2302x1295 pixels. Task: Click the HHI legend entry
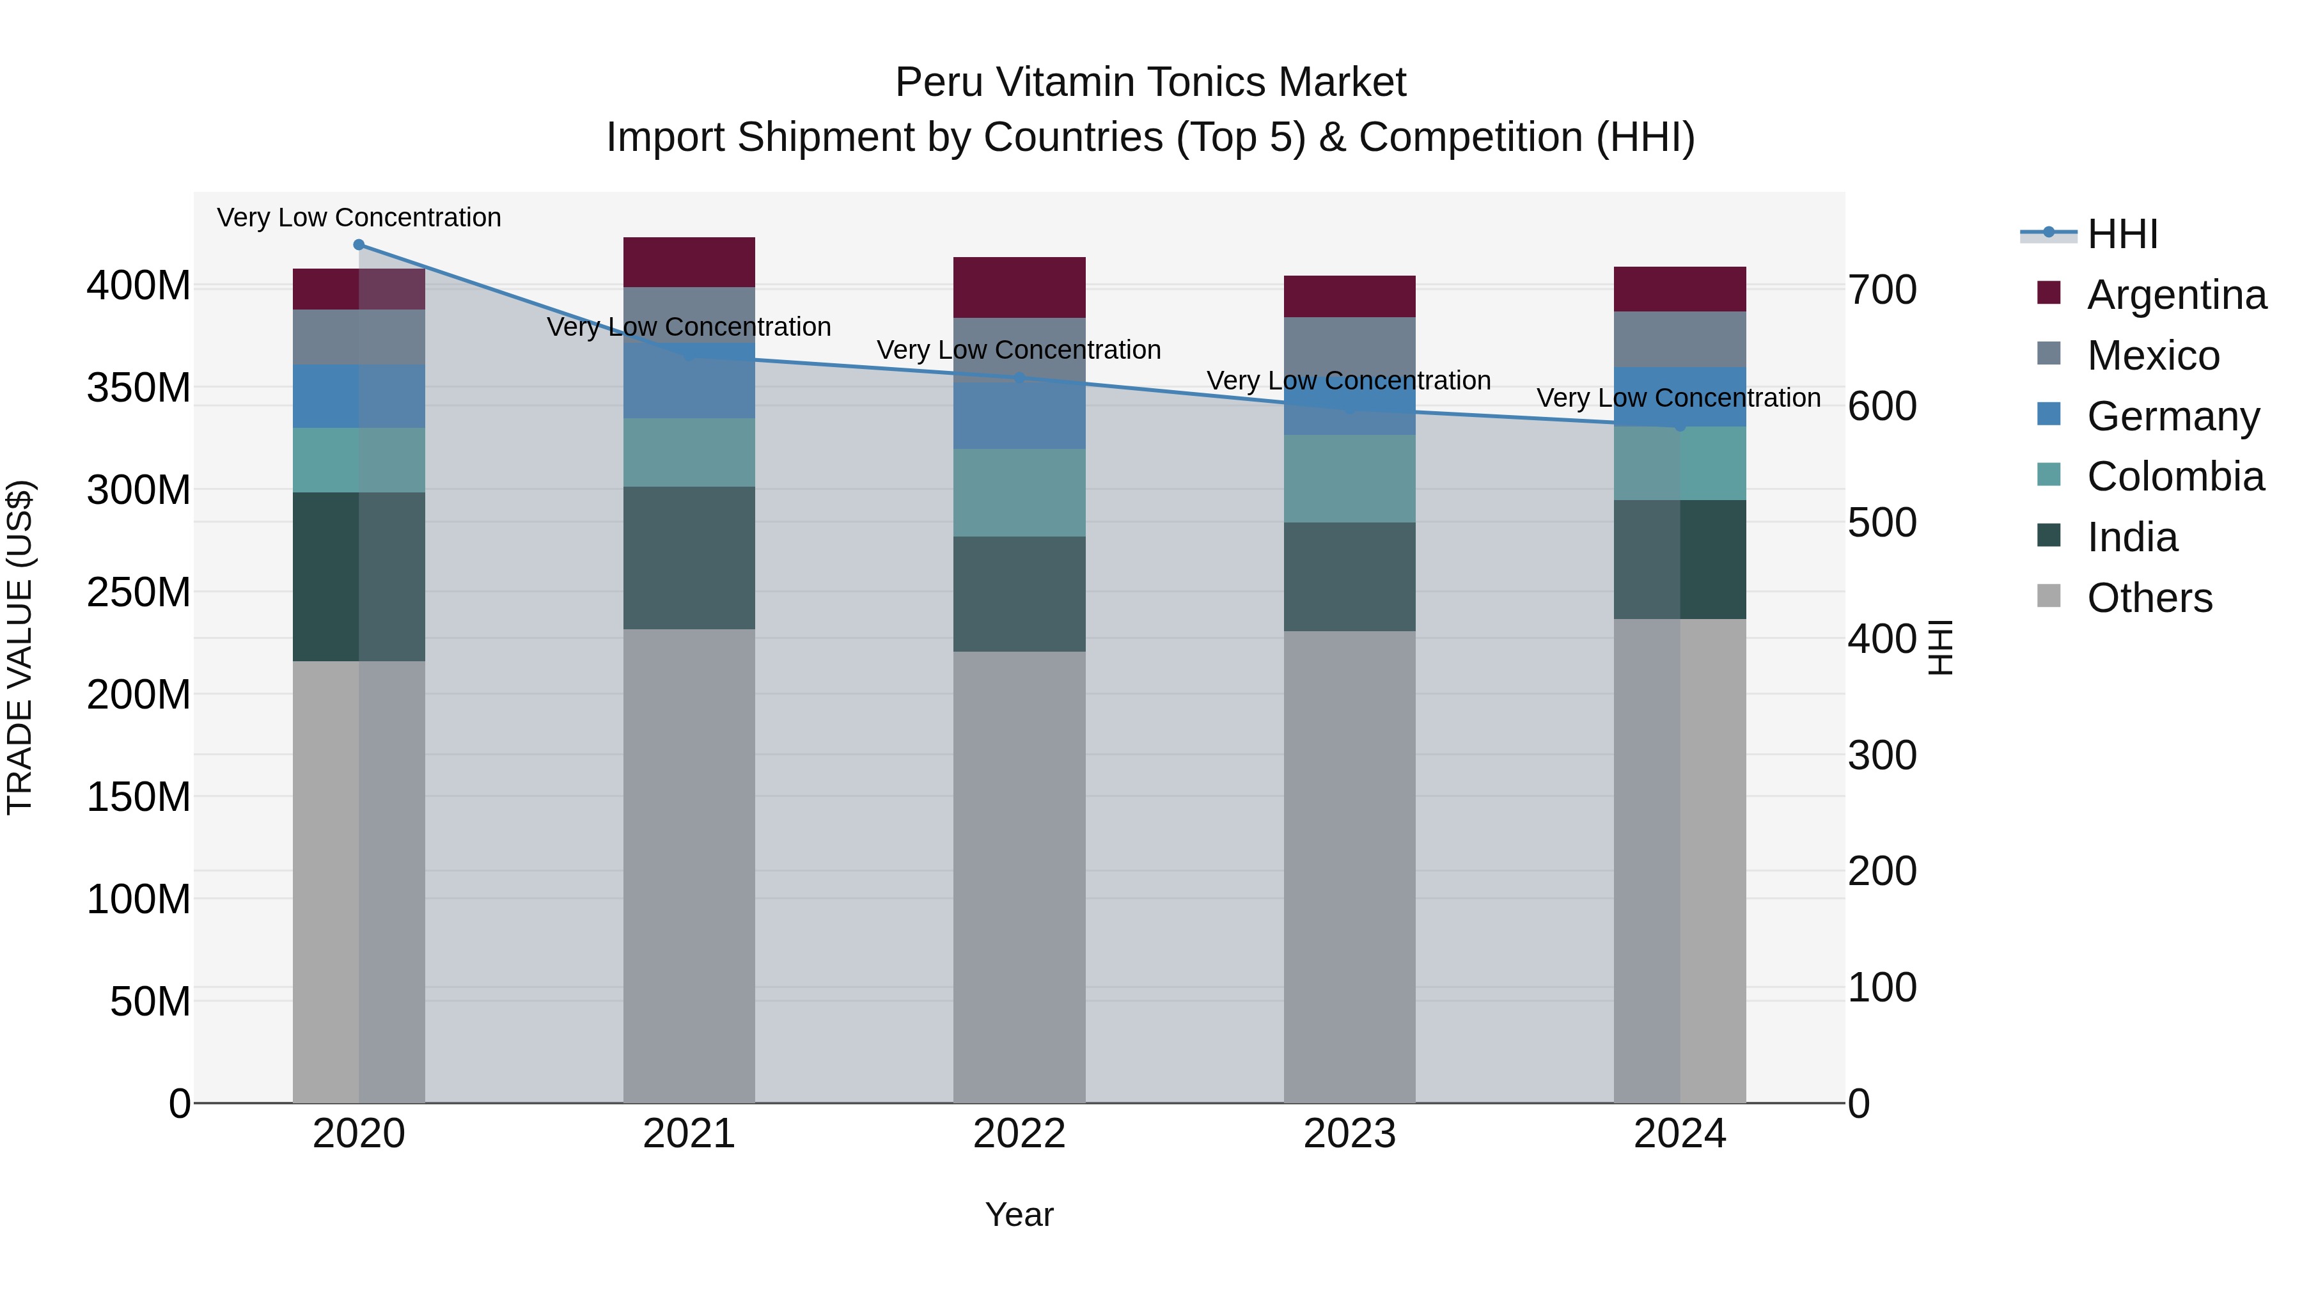coord(2122,234)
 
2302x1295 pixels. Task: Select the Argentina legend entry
coord(2176,295)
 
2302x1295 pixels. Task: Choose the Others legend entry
coord(2149,598)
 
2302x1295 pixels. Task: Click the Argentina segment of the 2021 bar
coord(688,262)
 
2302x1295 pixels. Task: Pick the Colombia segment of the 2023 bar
coord(1349,478)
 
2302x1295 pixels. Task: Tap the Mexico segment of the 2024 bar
coord(1679,339)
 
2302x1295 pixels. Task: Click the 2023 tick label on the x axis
coord(1349,1134)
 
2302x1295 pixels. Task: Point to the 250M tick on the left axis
coord(139,592)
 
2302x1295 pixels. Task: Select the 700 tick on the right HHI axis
coord(1882,290)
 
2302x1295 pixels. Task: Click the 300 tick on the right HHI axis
coord(1882,755)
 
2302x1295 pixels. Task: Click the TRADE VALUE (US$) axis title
coord(20,647)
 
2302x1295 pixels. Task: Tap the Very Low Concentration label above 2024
coord(1679,398)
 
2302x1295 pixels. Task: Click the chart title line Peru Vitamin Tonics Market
coord(1150,82)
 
